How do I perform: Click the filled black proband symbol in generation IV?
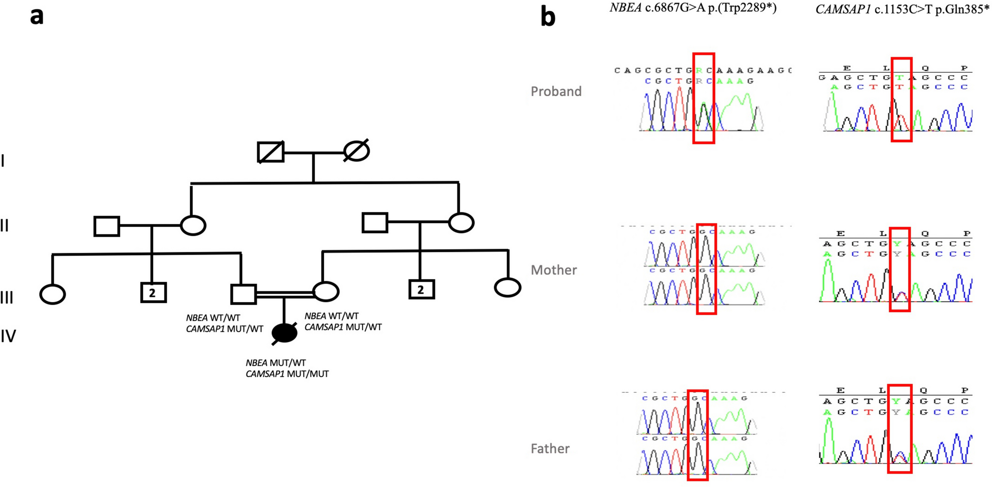(x=285, y=333)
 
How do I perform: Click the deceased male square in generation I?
(x=270, y=152)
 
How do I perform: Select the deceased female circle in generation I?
(x=356, y=151)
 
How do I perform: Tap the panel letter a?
(x=37, y=16)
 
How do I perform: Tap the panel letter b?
(x=548, y=17)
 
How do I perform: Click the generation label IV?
(x=8, y=336)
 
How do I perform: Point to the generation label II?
(x=4, y=225)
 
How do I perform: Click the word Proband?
(x=556, y=91)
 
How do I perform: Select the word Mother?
(x=554, y=270)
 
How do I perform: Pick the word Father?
(x=550, y=448)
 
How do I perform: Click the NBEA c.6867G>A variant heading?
(x=693, y=8)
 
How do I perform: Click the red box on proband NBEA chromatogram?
(x=703, y=98)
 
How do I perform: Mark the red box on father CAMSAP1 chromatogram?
(x=899, y=428)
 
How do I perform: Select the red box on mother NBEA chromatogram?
(x=706, y=269)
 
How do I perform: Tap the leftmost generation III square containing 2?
(x=153, y=293)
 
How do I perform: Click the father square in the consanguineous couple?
(x=243, y=294)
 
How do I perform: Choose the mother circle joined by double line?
(x=326, y=291)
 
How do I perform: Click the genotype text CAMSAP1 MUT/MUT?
(x=287, y=374)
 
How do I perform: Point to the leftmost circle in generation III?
(x=52, y=294)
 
